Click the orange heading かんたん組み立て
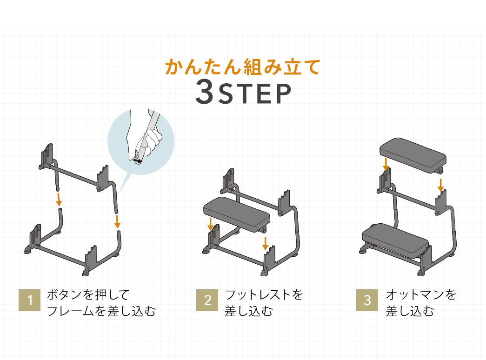(243, 68)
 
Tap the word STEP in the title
(255, 94)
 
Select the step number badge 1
(30, 301)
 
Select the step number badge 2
(207, 301)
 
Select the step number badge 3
(367, 301)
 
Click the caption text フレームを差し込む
(101, 311)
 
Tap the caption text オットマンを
(421, 294)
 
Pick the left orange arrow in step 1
(58, 200)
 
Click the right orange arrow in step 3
(440, 185)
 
